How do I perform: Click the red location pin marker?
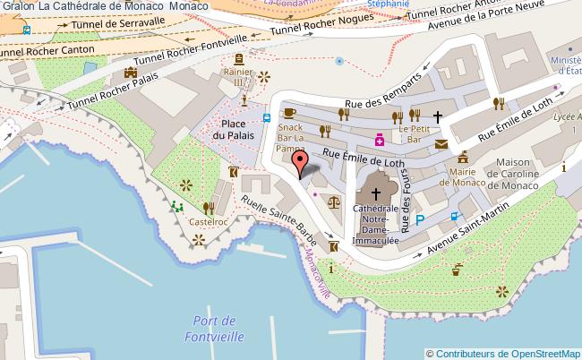[300, 163]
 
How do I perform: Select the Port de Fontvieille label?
[213, 329]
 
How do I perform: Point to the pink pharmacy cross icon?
[380, 140]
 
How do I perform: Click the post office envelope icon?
[441, 143]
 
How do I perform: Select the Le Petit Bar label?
[415, 133]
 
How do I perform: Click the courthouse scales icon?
[334, 203]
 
